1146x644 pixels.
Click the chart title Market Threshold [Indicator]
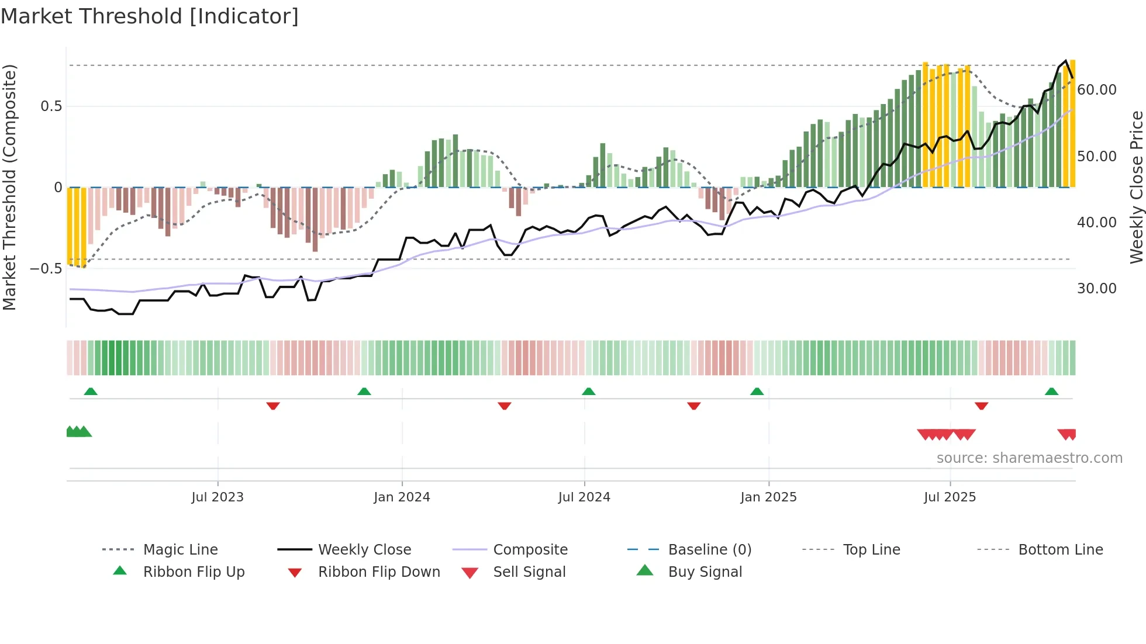[x=150, y=16]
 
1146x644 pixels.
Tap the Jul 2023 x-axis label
[x=217, y=497]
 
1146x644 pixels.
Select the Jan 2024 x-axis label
[x=402, y=497]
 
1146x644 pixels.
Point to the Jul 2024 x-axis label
[x=584, y=497]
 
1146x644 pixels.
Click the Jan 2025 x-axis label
[x=768, y=497]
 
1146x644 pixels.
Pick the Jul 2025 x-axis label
[x=950, y=497]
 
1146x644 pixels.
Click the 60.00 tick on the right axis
[x=1096, y=90]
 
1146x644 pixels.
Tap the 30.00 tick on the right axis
[x=1096, y=289]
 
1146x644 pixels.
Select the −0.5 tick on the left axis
[x=46, y=269]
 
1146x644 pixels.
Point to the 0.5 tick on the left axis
[x=51, y=106]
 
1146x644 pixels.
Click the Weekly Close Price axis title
[x=1136, y=187]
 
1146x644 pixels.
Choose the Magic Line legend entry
[x=180, y=550]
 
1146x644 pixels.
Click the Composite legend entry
[x=530, y=550]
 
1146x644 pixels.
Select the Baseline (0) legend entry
[x=709, y=550]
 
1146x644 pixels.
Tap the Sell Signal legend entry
[x=529, y=572]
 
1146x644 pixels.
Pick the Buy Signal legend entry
[x=705, y=572]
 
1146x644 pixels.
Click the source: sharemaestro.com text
[x=1029, y=458]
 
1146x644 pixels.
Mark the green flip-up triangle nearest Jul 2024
[x=589, y=392]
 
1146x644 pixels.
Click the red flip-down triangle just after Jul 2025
[x=982, y=406]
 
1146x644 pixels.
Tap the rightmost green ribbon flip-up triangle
[x=1051, y=392]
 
